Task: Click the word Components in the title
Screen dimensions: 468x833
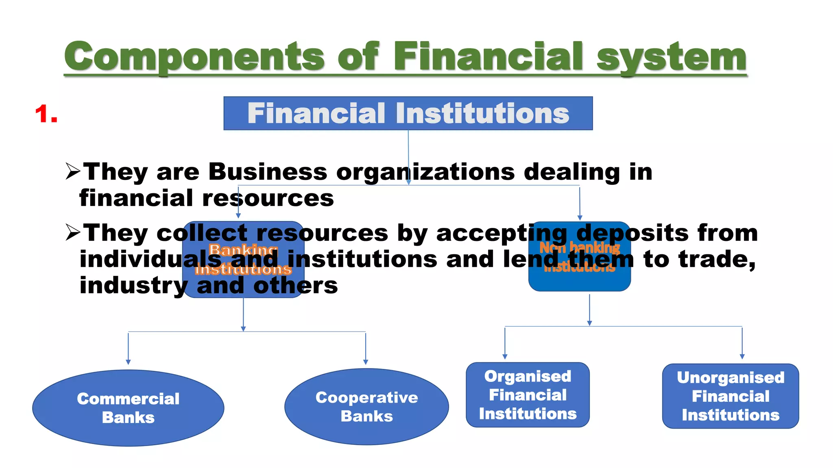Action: [x=194, y=57]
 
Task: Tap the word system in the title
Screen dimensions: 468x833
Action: [x=671, y=57]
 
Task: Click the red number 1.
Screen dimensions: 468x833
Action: [x=46, y=114]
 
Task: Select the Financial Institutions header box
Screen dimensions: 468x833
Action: [x=408, y=113]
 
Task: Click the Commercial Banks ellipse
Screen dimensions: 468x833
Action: [x=128, y=408]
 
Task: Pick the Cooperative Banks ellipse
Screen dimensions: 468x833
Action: [x=366, y=407]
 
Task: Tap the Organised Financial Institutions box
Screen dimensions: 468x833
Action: [x=528, y=395]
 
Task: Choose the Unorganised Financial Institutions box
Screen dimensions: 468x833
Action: [x=731, y=396]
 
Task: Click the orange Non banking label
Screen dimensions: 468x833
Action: [x=580, y=247]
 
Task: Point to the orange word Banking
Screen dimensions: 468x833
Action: [x=243, y=249]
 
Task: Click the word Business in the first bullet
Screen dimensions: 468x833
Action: [x=268, y=172]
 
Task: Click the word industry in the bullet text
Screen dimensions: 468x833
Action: [x=133, y=286]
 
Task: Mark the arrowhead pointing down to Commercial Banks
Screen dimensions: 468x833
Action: [x=128, y=362]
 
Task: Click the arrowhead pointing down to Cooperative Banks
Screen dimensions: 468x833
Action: [x=366, y=362]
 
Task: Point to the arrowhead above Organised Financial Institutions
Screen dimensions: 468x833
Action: [x=505, y=356]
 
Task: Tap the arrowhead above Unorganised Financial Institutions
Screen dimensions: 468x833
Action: [x=742, y=356]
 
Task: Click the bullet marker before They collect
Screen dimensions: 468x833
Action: [x=73, y=233]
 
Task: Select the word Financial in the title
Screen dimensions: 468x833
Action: [x=488, y=57]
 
